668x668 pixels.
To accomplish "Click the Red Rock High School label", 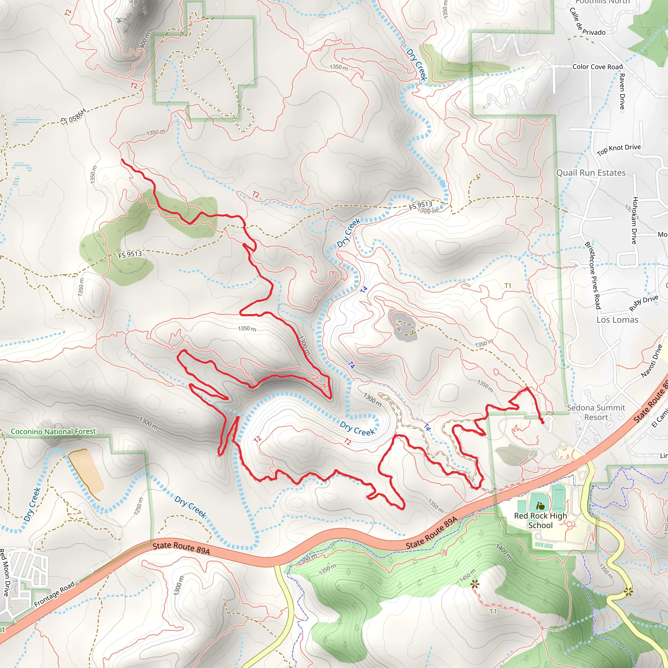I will [540, 520].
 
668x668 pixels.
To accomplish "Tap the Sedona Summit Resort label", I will [596, 413].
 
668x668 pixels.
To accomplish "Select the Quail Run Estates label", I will [591, 173].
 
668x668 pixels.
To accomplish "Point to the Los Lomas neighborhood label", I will [617, 320].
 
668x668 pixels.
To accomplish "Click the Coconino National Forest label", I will [53, 432].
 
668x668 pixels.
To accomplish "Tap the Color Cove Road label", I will [598, 67].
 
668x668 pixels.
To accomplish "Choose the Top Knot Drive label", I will [618, 149].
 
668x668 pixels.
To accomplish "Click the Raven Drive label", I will [622, 91].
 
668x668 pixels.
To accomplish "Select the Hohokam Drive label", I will [634, 220].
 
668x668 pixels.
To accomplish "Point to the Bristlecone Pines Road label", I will [592, 275].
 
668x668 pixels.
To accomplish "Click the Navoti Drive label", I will [651, 361].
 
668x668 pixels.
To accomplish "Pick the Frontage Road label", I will [54, 594].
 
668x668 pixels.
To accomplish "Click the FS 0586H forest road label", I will [73, 116].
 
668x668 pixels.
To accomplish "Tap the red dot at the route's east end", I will [542, 422].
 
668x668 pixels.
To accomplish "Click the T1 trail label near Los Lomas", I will [508, 286].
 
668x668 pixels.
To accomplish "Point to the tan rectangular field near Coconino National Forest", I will [85, 471].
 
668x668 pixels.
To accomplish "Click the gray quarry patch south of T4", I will [402, 323].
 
